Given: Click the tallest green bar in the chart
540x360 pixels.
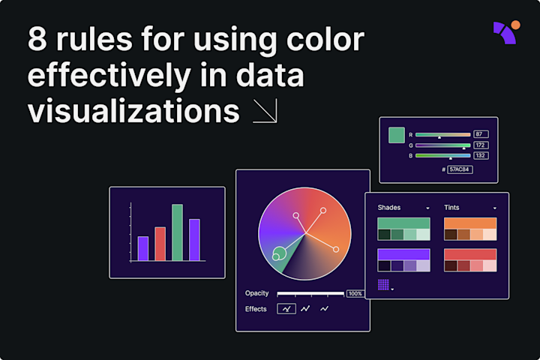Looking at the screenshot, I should tap(177, 232).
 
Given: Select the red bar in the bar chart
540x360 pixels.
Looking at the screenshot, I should tap(160, 244).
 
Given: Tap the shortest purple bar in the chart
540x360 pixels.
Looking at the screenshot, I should tap(142, 248).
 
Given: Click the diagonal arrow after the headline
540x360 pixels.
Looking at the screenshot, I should tap(265, 110).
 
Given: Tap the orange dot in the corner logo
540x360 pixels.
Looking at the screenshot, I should tap(515, 25).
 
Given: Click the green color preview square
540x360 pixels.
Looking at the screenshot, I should tap(397, 135).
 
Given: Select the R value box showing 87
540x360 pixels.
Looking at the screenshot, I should tap(481, 133).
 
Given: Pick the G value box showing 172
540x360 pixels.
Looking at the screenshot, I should tap(481, 145).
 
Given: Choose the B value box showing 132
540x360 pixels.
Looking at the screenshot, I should tap(481, 155).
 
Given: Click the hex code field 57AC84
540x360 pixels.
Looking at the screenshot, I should tap(460, 169).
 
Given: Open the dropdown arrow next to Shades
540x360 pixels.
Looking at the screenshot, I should tap(427, 208).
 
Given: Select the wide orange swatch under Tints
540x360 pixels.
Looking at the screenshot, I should tap(470, 223).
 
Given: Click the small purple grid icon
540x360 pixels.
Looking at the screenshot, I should tap(383, 284).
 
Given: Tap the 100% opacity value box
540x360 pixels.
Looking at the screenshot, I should tap(355, 293).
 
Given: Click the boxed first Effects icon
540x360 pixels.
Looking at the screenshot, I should tap(286, 308).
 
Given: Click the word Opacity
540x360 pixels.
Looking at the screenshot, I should tap(256, 293).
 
